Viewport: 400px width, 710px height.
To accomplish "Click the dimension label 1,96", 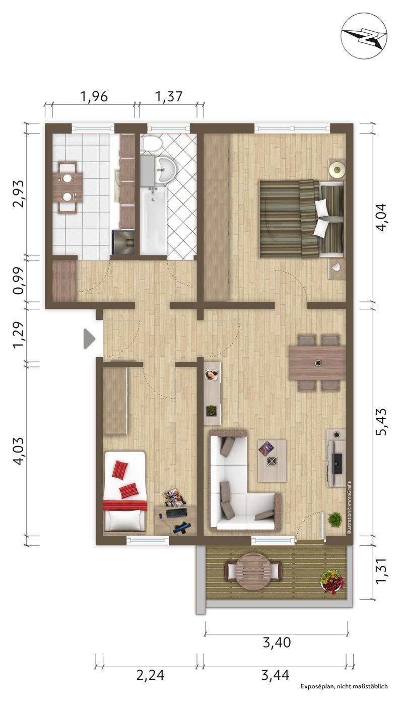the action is [x=94, y=96].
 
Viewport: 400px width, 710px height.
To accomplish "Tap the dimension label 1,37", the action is [x=169, y=96].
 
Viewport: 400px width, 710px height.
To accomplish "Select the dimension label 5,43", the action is [x=381, y=422].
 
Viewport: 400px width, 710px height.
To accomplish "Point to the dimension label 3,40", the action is [x=277, y=642].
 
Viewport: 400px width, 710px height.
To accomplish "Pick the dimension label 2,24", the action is [x=150, y=675].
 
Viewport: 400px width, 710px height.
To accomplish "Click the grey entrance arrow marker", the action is [x=89, y=339].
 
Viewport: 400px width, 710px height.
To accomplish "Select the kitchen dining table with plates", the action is [x=68, y=187].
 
